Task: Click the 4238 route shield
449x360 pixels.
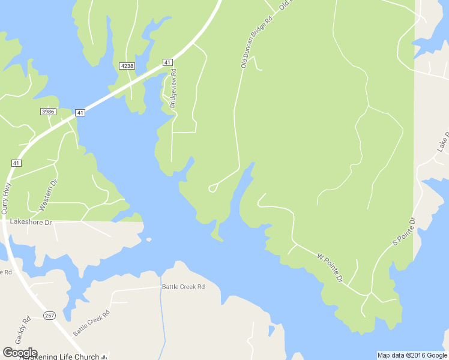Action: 127,66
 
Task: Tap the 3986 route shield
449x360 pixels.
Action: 48,112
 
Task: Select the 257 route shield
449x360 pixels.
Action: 49,316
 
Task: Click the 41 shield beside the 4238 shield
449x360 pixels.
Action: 167,62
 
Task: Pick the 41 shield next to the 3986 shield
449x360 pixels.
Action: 80,112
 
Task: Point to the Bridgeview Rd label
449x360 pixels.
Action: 173,88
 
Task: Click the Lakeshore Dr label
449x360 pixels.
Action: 31,222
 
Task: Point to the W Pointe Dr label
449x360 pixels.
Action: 330,268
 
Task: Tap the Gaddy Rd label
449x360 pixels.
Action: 26,328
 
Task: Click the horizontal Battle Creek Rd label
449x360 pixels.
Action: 183,287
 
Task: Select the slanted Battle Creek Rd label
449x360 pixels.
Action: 92,323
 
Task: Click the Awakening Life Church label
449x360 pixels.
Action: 59,356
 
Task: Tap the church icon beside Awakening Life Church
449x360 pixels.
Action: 104,356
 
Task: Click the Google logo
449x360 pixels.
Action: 19,353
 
